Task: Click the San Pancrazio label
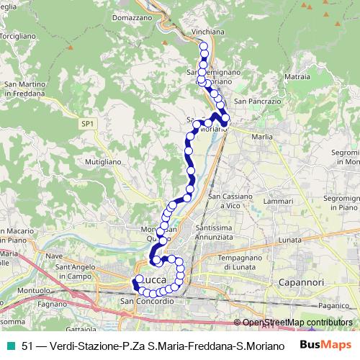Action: click(x=256, y=102)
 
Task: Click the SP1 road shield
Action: click(x=87, y=125)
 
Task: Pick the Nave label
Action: click(x=55, y=255)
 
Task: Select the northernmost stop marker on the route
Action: click(x=203, y=48)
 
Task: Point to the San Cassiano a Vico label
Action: click(x=232, y=200)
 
